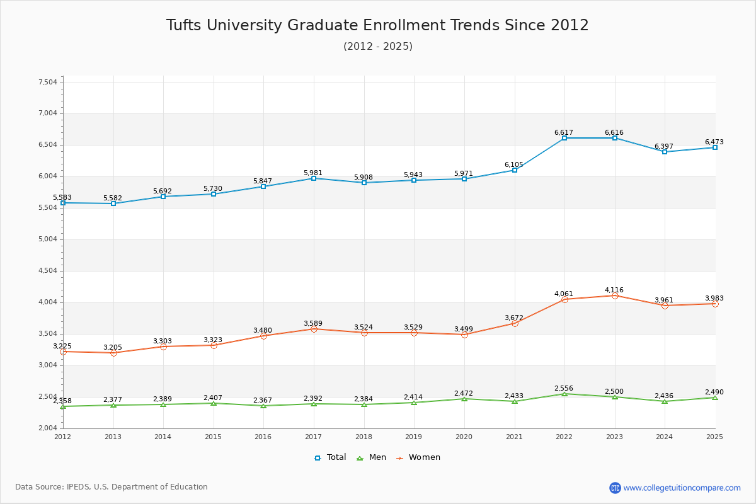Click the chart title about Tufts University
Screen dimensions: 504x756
coord(377,25)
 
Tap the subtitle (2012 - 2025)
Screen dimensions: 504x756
coord(377,46)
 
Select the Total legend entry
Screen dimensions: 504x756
coord(331,457)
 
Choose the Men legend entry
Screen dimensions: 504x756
coord(372,457)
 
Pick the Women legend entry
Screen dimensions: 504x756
coord(418,457)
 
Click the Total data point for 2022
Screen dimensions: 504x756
coord(564,138)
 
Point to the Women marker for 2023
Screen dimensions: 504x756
coord(615,295)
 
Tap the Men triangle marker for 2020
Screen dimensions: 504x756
coord(464,399)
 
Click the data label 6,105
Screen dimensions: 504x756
coord(514,165)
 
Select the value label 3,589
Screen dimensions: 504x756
coord(313,324)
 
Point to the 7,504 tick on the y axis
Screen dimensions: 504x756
coord(48,82)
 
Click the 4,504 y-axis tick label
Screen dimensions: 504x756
coord(48,271)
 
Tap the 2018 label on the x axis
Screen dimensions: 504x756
coord(364,437)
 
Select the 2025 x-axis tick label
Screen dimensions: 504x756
coord(714,437)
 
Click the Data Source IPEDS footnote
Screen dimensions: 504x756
coord(112,487)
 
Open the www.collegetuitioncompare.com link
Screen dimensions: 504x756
coord(682,488)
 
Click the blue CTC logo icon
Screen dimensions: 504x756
coord(615,488)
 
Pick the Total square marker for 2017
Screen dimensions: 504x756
coord(314,178)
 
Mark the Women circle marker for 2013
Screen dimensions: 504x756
coord(113,353)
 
